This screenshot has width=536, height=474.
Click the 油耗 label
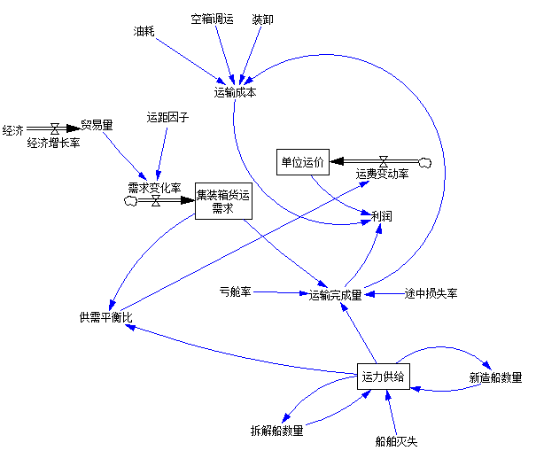144,31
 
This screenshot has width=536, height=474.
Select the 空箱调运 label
213,19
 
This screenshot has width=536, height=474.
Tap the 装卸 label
262,19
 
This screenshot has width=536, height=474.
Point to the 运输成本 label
235,91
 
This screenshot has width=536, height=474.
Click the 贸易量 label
97,125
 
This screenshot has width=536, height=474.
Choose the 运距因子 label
167,117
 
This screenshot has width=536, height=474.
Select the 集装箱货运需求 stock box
223,201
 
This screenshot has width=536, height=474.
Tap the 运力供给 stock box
384,377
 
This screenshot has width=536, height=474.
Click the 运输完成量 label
335,295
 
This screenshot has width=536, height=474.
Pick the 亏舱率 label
236,291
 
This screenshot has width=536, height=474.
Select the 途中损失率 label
431,293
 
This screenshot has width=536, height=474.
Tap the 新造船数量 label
495,377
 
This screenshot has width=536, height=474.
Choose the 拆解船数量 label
277,431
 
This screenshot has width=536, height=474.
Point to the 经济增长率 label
53,143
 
